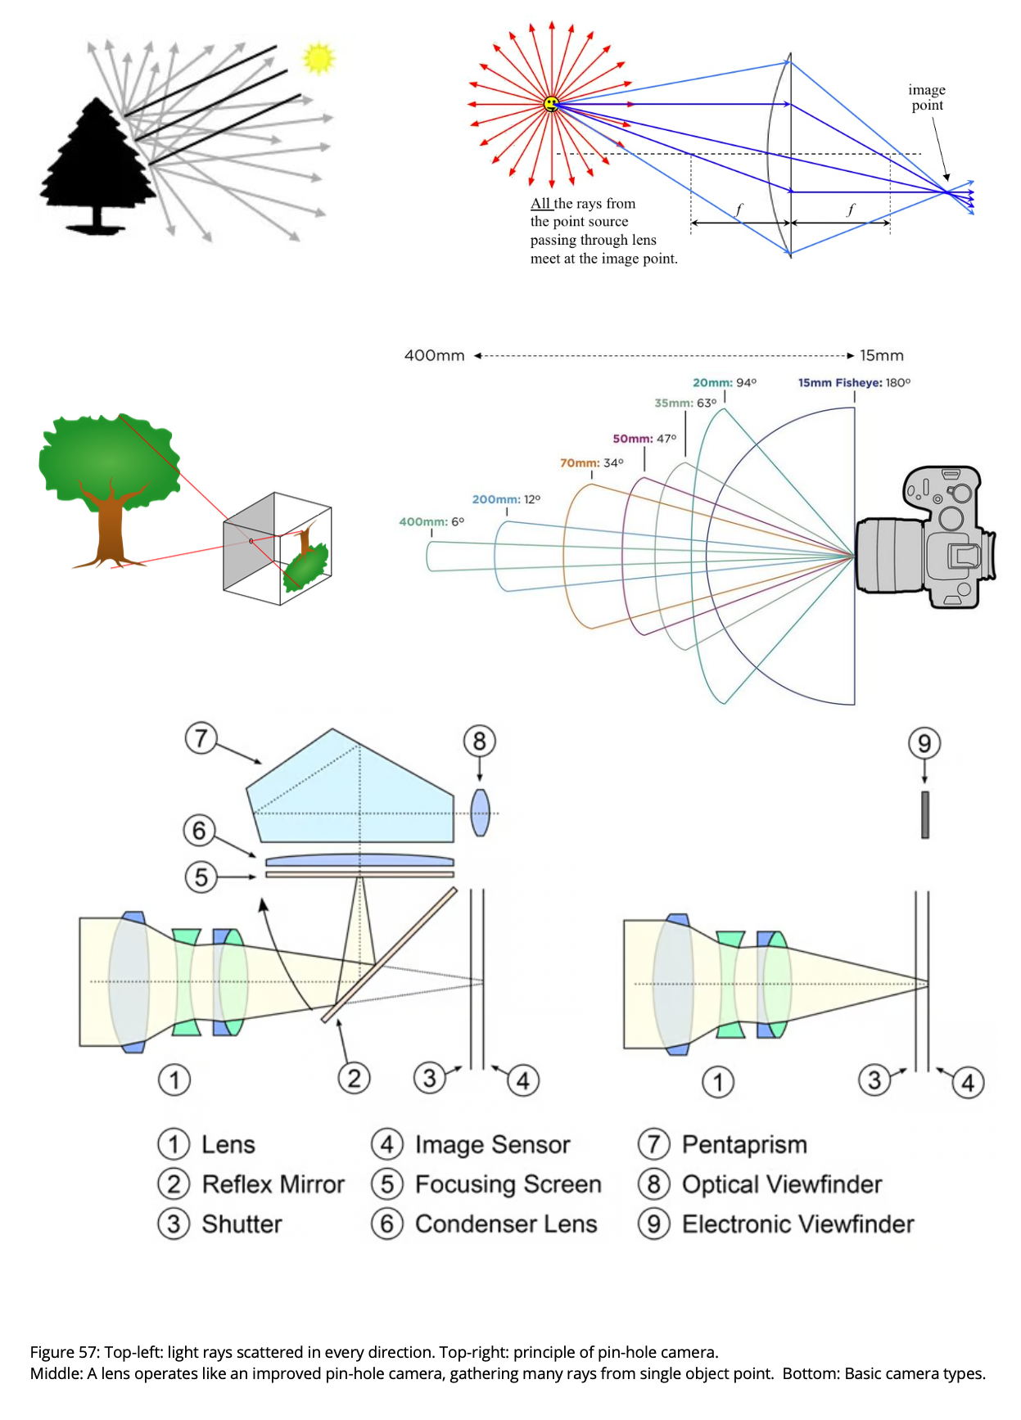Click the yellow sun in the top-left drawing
pos(318,58)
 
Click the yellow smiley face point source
pos(551,104)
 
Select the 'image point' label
pos(927,97)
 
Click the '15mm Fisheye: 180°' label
pos(854,382)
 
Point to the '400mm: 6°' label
pos(431,521)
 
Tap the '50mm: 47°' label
pos(644,439)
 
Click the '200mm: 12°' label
pos(506,499)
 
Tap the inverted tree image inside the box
pos(305,561)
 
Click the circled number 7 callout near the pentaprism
pos(201,738)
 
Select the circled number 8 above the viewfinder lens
pos(480,742)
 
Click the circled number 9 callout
pos(924,743)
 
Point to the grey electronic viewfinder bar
pos(925,814)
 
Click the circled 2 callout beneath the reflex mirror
pos(354,1078)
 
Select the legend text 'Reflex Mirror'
pos(273,1184)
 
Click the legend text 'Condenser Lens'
pos(506,1224)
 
